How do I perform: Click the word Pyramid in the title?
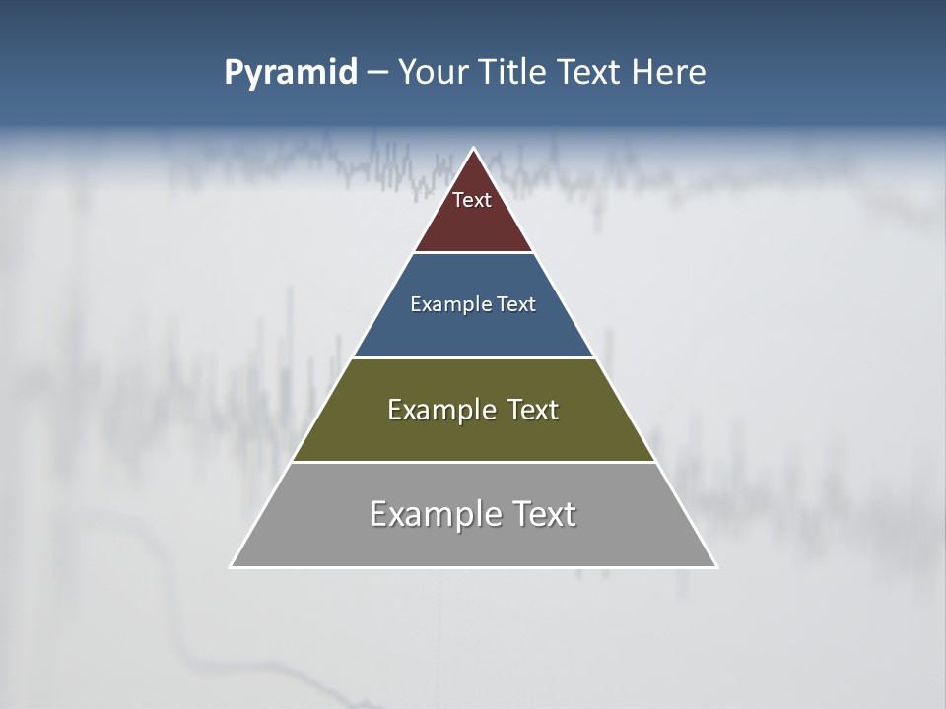point(291,73)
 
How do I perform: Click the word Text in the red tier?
point(472,200)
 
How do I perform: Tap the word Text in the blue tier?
point(516,304)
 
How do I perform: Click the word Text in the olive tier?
point(532,410)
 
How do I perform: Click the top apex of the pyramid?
point(474,149)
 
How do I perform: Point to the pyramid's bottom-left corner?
point(232,566)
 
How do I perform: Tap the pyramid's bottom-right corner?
point(716,566)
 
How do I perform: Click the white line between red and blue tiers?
point(474,252)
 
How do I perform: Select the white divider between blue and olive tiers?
point(474,357)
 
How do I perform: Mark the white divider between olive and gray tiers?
point(474,462)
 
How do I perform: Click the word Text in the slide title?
point(589,72)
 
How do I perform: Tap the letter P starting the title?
point(233,72)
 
